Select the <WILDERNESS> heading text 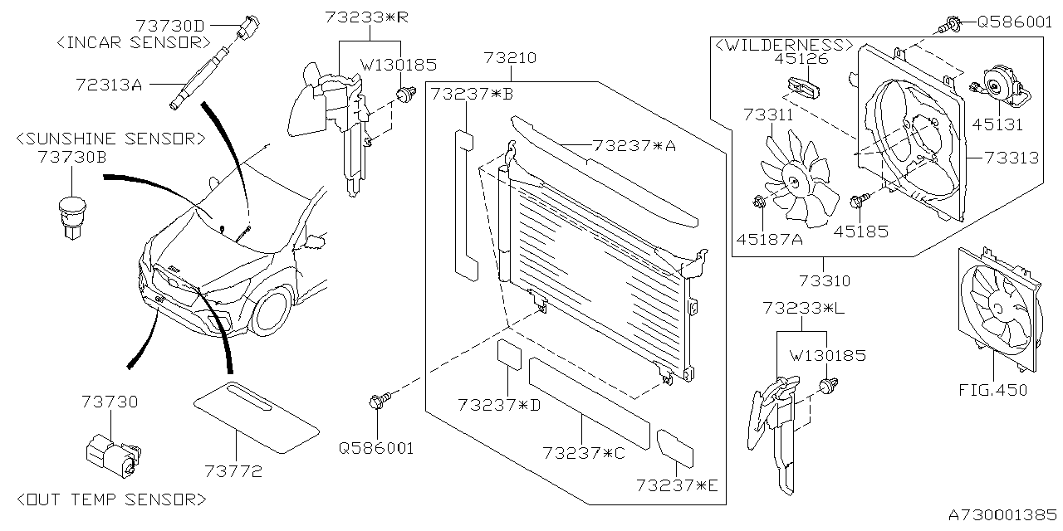pyautogui.click(x=782, y=44)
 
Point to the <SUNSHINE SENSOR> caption pyautogui.click(x=110, y=139)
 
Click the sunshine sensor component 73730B pyautogui.click(x=72, y=214)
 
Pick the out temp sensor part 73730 pyautogui.click(x=109, y=451)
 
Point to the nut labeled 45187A pyautogui.click(x=758, y=202)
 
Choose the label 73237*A pyautogui.click(x=634, y=146)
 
